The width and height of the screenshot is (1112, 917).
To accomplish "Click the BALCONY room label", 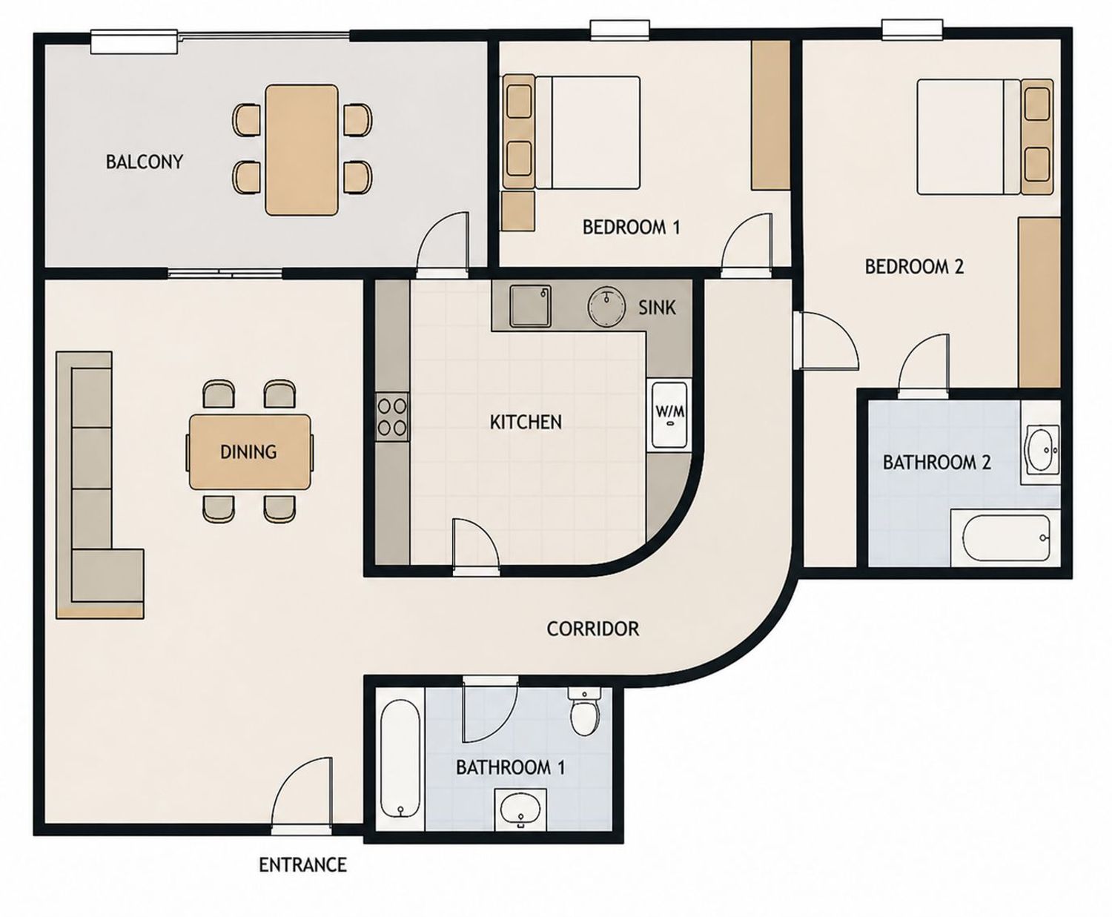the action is (x=145, y=162).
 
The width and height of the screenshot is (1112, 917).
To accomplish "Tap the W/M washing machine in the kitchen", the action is (x=670, y=414).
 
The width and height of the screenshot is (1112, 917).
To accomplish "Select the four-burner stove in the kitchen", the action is (x=392, y=417).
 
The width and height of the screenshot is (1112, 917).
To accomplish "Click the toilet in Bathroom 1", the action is (x=586, y=710).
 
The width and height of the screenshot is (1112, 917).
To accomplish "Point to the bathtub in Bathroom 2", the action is (x=1005, y=537).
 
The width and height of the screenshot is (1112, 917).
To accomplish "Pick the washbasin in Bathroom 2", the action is (x=1041, y=449).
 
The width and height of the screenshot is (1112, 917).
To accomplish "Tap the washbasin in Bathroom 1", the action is (x=520, y=810).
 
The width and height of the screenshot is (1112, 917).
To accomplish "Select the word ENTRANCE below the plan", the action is (x=302, y=865).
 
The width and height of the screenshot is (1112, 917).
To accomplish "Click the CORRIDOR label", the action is (x=593, y=629).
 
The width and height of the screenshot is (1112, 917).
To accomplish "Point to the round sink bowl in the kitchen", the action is (x=606, y=307).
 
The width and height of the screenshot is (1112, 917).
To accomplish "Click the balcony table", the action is (x=302, y=150).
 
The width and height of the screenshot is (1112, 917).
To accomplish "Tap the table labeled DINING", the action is (x=250, y=451).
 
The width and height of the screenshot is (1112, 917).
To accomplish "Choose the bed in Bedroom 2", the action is (x=985, y=137).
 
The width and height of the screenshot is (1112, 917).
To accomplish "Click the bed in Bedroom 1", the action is (x=572, y=132).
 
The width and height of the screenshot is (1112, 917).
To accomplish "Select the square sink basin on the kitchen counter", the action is (x=530, y=305).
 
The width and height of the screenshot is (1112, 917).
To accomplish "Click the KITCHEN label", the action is (x=526, y=423).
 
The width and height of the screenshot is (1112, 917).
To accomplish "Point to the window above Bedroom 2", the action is (x=912, y=30).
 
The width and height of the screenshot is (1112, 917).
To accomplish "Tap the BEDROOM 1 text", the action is (x=631, y=228).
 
